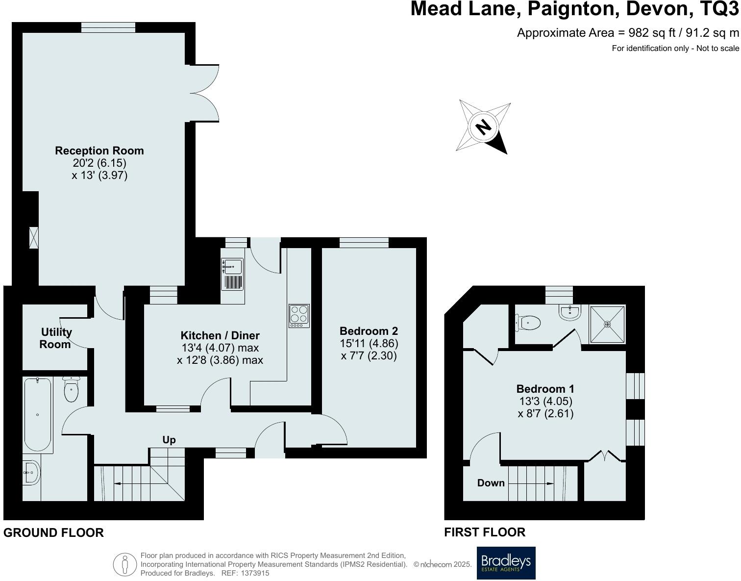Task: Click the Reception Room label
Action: click(99, 151)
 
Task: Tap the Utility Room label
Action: click(55, 338)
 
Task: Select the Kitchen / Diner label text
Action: click(220, 336)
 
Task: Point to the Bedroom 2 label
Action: click(369, 331)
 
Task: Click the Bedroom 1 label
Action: click(545, 389)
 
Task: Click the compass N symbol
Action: click(483, 127)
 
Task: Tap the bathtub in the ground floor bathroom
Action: click(38, 414)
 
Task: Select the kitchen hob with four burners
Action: click(299, 316)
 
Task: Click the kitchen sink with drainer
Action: click(232, 275)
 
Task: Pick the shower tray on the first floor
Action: click(608, 324)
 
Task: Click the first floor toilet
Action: click(528, 323)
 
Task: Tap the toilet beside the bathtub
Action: click(72, 389)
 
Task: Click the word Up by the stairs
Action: click(169, 440)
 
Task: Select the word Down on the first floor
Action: click(491, 483)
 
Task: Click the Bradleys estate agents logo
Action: click(506, 563)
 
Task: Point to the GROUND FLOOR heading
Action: click(53, 533)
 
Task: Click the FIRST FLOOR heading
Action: click(485, 532)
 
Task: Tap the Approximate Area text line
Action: click(628, 33)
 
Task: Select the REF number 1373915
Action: click(252, 573)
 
